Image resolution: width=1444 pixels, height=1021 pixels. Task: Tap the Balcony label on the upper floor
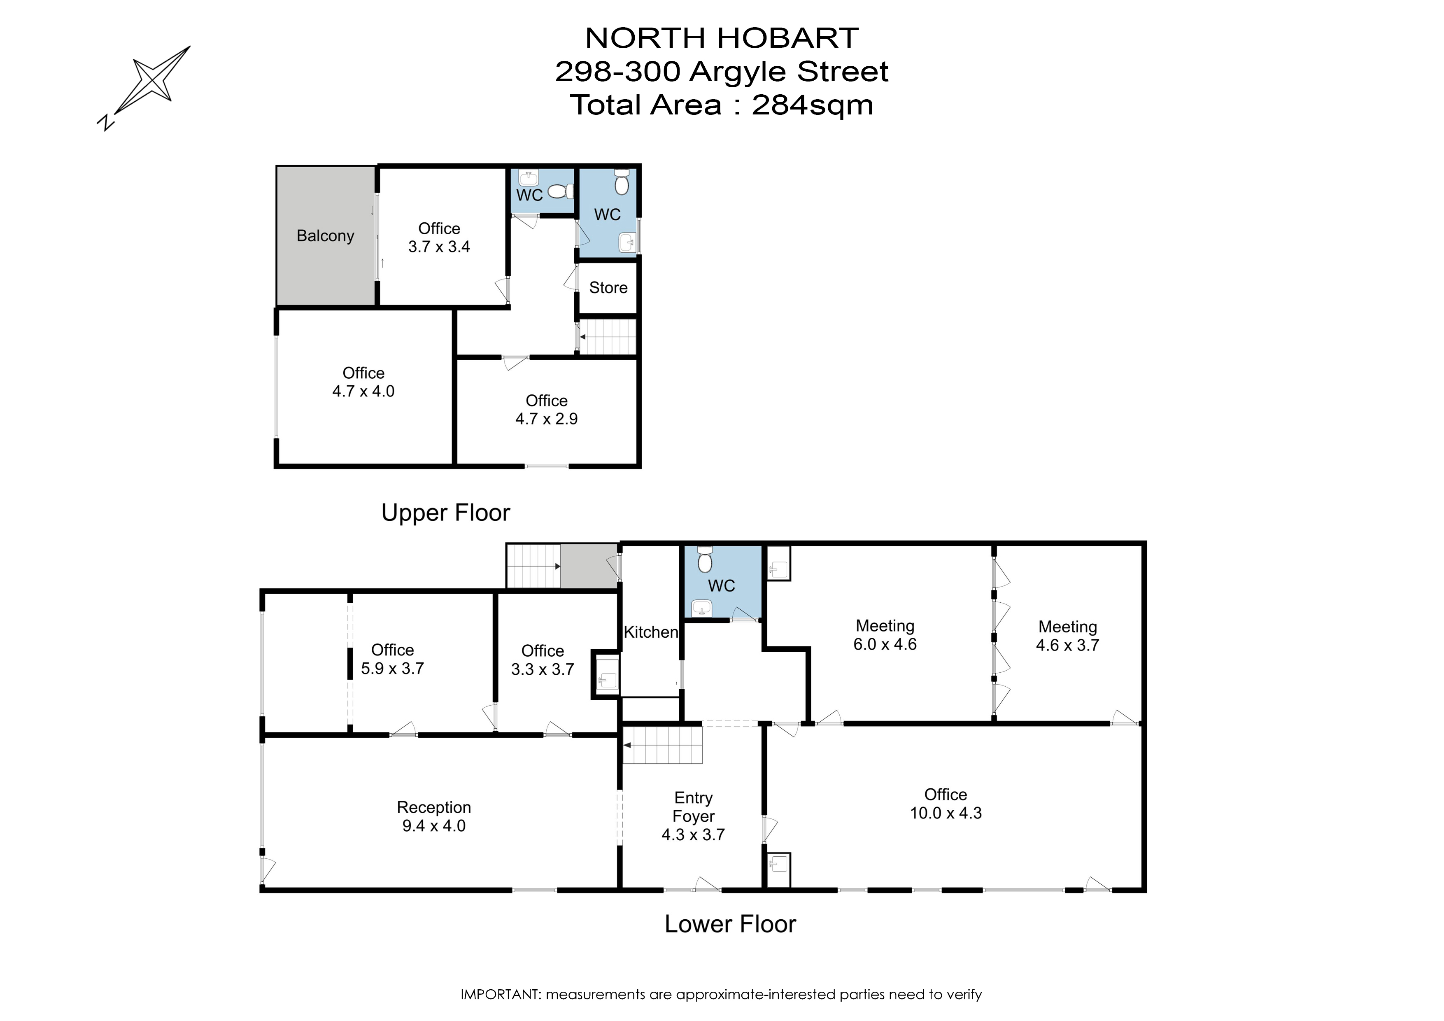325,236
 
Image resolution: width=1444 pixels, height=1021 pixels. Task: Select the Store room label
608,288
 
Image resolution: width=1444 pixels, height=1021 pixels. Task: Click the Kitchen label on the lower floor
651,632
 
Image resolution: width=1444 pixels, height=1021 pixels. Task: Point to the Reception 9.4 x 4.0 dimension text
434,826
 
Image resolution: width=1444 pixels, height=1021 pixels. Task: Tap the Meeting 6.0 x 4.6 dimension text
885,645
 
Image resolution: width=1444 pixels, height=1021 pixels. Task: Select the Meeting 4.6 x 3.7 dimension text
1067,646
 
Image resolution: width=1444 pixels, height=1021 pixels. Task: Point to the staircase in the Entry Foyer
662,746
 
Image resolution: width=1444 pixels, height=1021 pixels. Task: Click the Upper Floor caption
445,513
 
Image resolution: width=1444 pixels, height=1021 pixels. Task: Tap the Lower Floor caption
730,924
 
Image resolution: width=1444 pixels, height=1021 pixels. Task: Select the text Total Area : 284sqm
721,105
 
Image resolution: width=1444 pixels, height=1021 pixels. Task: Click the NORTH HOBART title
721,38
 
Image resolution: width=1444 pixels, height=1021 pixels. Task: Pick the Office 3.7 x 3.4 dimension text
439,247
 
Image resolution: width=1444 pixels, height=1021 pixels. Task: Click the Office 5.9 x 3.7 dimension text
392,669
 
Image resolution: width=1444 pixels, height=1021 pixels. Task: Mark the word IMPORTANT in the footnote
499,995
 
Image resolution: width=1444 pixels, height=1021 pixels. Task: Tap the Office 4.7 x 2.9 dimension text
547,420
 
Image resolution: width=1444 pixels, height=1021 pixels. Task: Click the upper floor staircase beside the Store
608,336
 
